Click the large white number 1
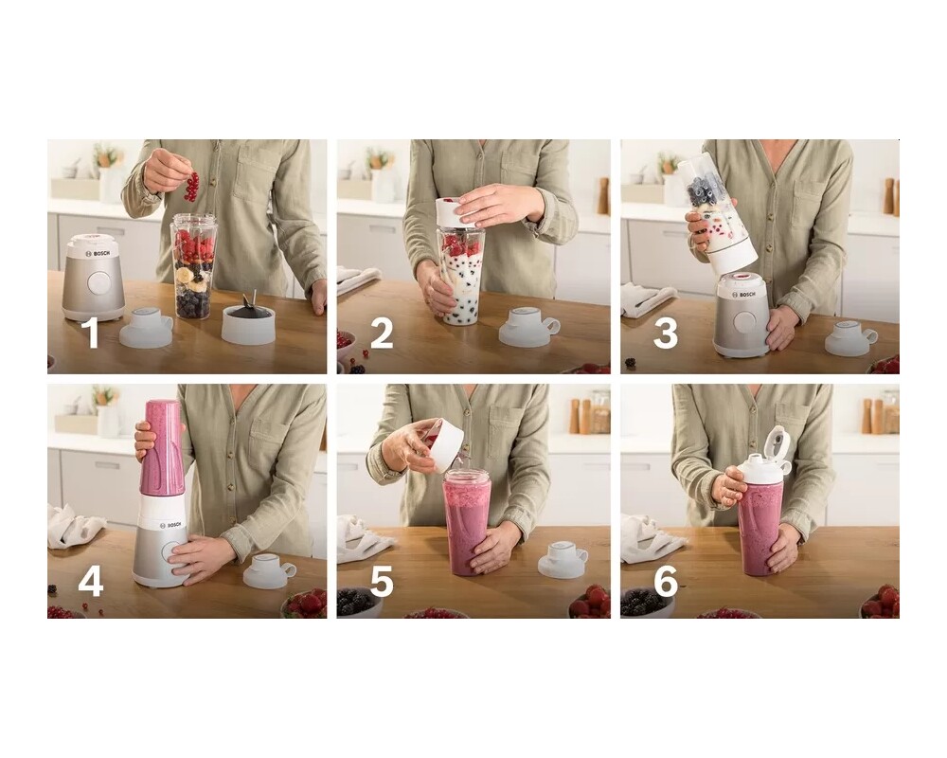pos(91,334)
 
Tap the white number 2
pos(382,334)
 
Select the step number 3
pos(666,334)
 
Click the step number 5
pos(382,582)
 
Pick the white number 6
pos(666,582)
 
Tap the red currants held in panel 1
pos(192,187)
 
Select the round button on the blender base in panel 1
pos(98,282)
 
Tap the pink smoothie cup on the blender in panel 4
pos(161,447)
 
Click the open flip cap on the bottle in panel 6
pos(777,442)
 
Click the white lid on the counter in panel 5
pos(563,558)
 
